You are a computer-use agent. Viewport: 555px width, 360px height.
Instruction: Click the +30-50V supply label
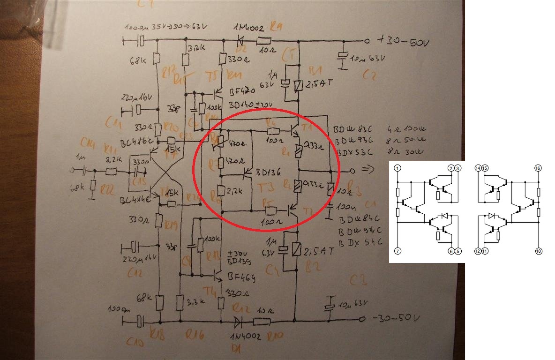click(401, 42)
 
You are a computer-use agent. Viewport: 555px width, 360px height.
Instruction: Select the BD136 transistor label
click(269, 172)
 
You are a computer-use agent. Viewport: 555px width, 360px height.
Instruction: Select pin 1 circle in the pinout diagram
click(397, 168)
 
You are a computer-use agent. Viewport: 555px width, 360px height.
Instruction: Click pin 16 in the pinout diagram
click(539, 168)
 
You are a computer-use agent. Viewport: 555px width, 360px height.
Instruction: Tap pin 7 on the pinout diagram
click(397, 251)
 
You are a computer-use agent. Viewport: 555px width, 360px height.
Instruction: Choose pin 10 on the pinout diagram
click(539, 251)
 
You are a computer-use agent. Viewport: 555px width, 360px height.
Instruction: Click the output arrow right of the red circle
click(368, 171)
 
